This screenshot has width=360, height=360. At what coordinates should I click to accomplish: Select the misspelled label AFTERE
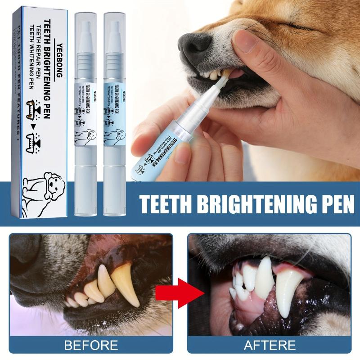[x=269, y=346]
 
